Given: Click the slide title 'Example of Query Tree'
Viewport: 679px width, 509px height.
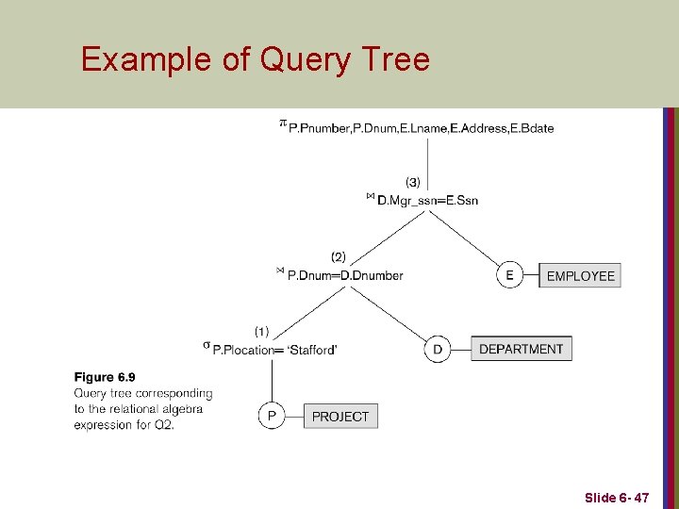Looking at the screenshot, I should coord(255,59).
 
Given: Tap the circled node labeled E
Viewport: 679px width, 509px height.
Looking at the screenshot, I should coord(509,275).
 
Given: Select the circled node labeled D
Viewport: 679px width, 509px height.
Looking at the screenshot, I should coord(438,349).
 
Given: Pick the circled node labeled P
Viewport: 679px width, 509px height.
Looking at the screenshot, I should coord(272,416).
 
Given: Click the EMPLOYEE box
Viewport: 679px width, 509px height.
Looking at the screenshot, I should coord(580,275).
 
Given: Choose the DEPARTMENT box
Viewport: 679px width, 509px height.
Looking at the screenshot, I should coord(521,349).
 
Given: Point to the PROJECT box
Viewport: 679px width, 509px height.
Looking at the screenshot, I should coord(340,416).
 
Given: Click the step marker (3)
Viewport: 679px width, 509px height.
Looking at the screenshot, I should coord(413,181).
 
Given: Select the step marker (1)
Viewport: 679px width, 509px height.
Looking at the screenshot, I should coord(262,331).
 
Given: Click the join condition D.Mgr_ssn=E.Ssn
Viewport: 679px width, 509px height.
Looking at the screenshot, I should coord(427,200).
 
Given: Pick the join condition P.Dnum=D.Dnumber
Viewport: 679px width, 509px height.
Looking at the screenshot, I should coord(344,275).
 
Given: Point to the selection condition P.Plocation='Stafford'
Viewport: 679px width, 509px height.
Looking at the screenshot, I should coord(275,350).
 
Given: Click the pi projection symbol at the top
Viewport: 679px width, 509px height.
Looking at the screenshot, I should coord(282,123).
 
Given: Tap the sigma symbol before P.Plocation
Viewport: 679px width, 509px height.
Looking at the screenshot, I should coord(207,346).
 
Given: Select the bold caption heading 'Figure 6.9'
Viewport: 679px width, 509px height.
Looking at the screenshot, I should coord(105,378).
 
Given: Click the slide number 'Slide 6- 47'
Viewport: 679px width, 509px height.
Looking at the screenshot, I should coord(616,497).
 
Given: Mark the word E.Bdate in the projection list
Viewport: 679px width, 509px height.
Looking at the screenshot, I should coord(532,128).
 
